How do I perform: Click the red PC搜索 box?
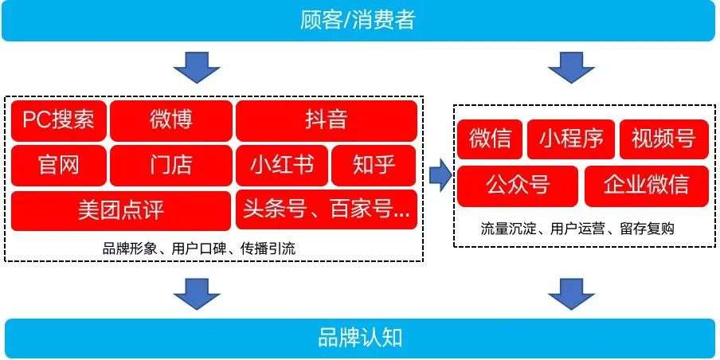pos(59,121)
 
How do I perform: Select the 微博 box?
pos(171,121)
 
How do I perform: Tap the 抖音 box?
pos(327,121)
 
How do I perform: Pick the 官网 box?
pos(59,166)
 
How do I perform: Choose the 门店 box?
pos(171,166)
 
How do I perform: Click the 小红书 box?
pos(282,166)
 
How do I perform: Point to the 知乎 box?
pos(374,166)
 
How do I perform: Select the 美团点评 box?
pos(121,211)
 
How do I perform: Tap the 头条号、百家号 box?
pos(327,209)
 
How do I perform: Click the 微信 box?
pos(490,139)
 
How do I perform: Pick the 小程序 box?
pos(572,139)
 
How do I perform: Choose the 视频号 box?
pos(664,139)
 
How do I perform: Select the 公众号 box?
pos(518,186)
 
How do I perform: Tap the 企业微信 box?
pos(647,186)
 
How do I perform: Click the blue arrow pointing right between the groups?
pos(440,175)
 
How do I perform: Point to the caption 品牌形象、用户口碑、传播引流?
pos(199,248)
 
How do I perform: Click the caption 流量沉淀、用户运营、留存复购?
pos(577,229)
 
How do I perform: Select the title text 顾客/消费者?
pos(358,20)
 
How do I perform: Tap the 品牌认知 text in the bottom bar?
pos(360,338)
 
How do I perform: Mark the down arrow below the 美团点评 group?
pos(197,294)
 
